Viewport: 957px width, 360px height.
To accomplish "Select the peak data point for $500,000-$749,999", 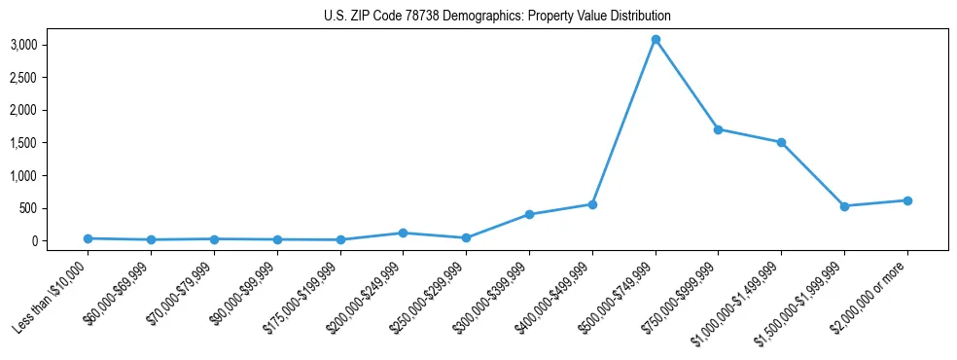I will (x=656, y=40).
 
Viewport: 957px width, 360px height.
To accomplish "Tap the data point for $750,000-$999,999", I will (x=718, y=129).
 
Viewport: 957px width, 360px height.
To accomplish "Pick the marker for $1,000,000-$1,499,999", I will (x=781, y=142).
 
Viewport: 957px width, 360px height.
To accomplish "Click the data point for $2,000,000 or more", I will (x=907, y=200).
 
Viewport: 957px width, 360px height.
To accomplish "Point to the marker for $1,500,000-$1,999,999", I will (x=844, y=206).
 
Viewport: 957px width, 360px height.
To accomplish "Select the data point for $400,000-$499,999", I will (x=592, y=204).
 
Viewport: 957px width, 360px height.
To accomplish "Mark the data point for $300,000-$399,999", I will (x=529, y=214).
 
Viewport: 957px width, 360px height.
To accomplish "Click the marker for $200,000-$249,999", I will (x=403, y=233).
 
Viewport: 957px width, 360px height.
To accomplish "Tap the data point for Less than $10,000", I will (x=88, y=238).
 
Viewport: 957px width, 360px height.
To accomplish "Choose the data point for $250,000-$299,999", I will (x=466, y=237).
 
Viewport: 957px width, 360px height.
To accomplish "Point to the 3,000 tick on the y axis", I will (x=51, y=45).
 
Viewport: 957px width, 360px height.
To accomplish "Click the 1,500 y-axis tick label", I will (x=51, y=143).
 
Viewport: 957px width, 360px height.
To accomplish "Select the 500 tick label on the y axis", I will (x=56, y=208).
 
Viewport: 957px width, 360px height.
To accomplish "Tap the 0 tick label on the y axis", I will (x=60, y=241).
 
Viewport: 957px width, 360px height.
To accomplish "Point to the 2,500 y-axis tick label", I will (x=51, y=78).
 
